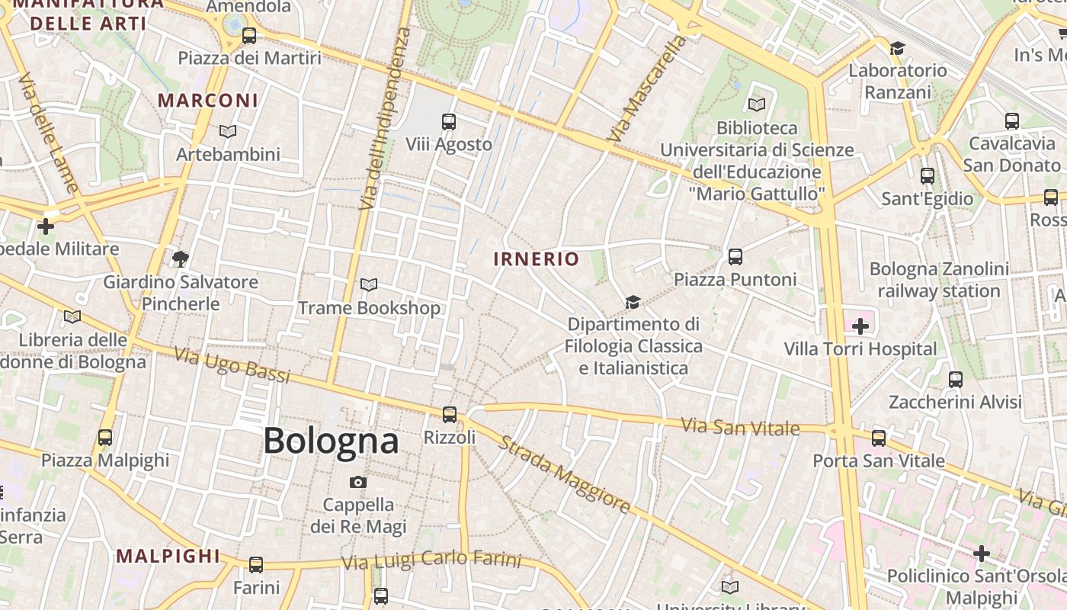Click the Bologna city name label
pos(331,441)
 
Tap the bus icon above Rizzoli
pos(450,415)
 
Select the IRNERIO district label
pos(537,259)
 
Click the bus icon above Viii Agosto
pos(449,122)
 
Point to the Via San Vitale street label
pos(740,426)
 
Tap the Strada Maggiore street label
pos(564,474)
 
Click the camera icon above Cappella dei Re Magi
pos(358,483)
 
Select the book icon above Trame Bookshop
pos(369,285)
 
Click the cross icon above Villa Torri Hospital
pos(860,327)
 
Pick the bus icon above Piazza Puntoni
pos(735,257)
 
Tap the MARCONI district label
pos(208,101)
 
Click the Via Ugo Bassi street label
pos(232,365)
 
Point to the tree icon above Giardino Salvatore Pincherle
pos(181,259)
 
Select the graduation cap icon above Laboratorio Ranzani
pos(897,49)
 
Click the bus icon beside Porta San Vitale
pos(879,438)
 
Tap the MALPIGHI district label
pos(168,556)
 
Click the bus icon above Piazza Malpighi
pos(105,438)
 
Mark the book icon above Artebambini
pos(228,132)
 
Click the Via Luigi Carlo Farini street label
pos(431,561)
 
